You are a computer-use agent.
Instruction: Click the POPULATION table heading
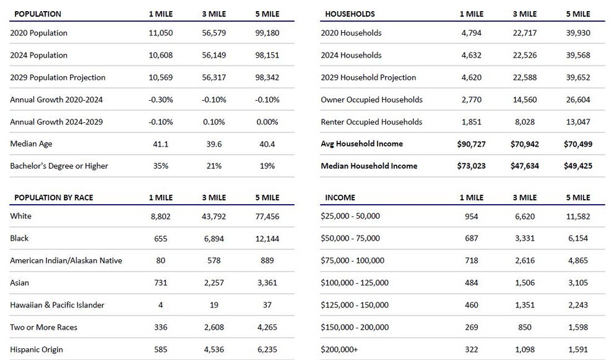(38, 14)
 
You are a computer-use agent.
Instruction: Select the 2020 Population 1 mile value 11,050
(160, 33)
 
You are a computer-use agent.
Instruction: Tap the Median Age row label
(31, 144)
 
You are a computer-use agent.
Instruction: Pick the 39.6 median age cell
(214, 144)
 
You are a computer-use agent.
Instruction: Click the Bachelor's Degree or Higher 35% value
(160, 166)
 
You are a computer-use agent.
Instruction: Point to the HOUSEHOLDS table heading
(350, 14)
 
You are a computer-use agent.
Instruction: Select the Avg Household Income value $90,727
(471, 144)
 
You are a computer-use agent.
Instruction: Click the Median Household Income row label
(369, 166)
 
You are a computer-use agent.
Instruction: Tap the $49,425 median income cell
(578, 166)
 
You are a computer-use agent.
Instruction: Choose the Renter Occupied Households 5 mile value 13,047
(578, 122)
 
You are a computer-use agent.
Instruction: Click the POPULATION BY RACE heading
(54, 198)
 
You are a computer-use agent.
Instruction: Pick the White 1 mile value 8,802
(160, 216)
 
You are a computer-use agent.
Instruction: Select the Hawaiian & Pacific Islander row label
(57, 305)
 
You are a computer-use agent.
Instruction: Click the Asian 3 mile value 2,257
(214, 283)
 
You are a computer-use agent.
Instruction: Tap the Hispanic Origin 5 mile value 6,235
(267, 349)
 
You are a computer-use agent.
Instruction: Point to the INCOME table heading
(340, 198)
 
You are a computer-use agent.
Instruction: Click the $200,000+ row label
(339, 349)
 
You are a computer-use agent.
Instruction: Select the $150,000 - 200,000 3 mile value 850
(525, 327)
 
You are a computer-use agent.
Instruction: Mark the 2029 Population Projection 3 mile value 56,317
(214, 77)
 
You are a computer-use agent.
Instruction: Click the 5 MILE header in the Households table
(578, 14)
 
